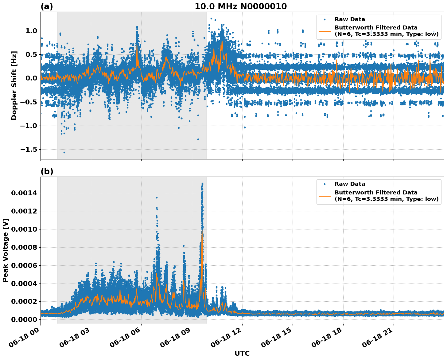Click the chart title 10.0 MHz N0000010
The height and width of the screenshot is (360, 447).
(x=241, y=6)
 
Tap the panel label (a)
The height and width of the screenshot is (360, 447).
(x=47, y=6)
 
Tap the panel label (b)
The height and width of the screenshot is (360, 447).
(x=47, y=171)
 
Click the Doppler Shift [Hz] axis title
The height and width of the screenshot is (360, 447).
(x=14, y=85)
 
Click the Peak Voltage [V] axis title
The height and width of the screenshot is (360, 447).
(x=6, y=250)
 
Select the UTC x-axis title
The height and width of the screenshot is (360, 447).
(x=242, y=353)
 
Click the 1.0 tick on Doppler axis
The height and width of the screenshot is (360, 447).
(x=31, y=31)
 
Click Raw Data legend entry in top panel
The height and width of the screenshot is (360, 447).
(x=350, y=19)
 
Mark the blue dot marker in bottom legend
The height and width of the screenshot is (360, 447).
(x=325, y=184)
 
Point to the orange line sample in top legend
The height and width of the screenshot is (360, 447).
(x=325, y=31)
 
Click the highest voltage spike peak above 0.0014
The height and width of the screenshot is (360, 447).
(x=202, y=184)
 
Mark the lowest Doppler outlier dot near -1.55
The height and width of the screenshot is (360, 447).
(x=64, y=152)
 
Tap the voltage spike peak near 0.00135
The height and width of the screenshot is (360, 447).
(x=157, y=198)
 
